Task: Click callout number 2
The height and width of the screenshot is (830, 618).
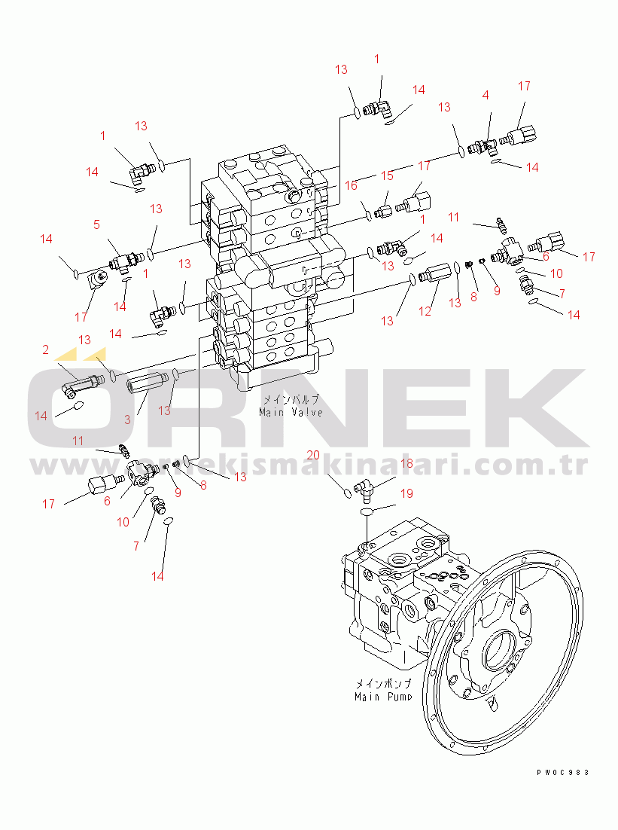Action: [x=45, y=349]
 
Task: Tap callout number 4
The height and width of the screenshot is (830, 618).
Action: [x=486, y=96]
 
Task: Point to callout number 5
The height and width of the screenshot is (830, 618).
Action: [x=96, y=224]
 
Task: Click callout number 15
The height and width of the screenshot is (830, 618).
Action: [x=386, y=175]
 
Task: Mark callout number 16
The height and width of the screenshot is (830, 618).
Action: [x=350, y=185]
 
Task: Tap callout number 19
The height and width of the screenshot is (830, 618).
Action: [x=406, y=494]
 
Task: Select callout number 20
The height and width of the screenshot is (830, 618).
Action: [x=313, y=455]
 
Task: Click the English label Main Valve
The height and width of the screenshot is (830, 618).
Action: [x=291, y=412]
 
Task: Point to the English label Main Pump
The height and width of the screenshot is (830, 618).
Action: [x=383, y=697]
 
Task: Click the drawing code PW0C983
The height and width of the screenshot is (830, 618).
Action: [x=562, y=772]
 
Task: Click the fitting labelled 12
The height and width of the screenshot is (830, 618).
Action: [x=434, y=273]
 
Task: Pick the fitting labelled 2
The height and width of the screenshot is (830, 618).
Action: [x=78, y=379]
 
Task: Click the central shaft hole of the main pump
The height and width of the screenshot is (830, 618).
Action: [x=498, y=648]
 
